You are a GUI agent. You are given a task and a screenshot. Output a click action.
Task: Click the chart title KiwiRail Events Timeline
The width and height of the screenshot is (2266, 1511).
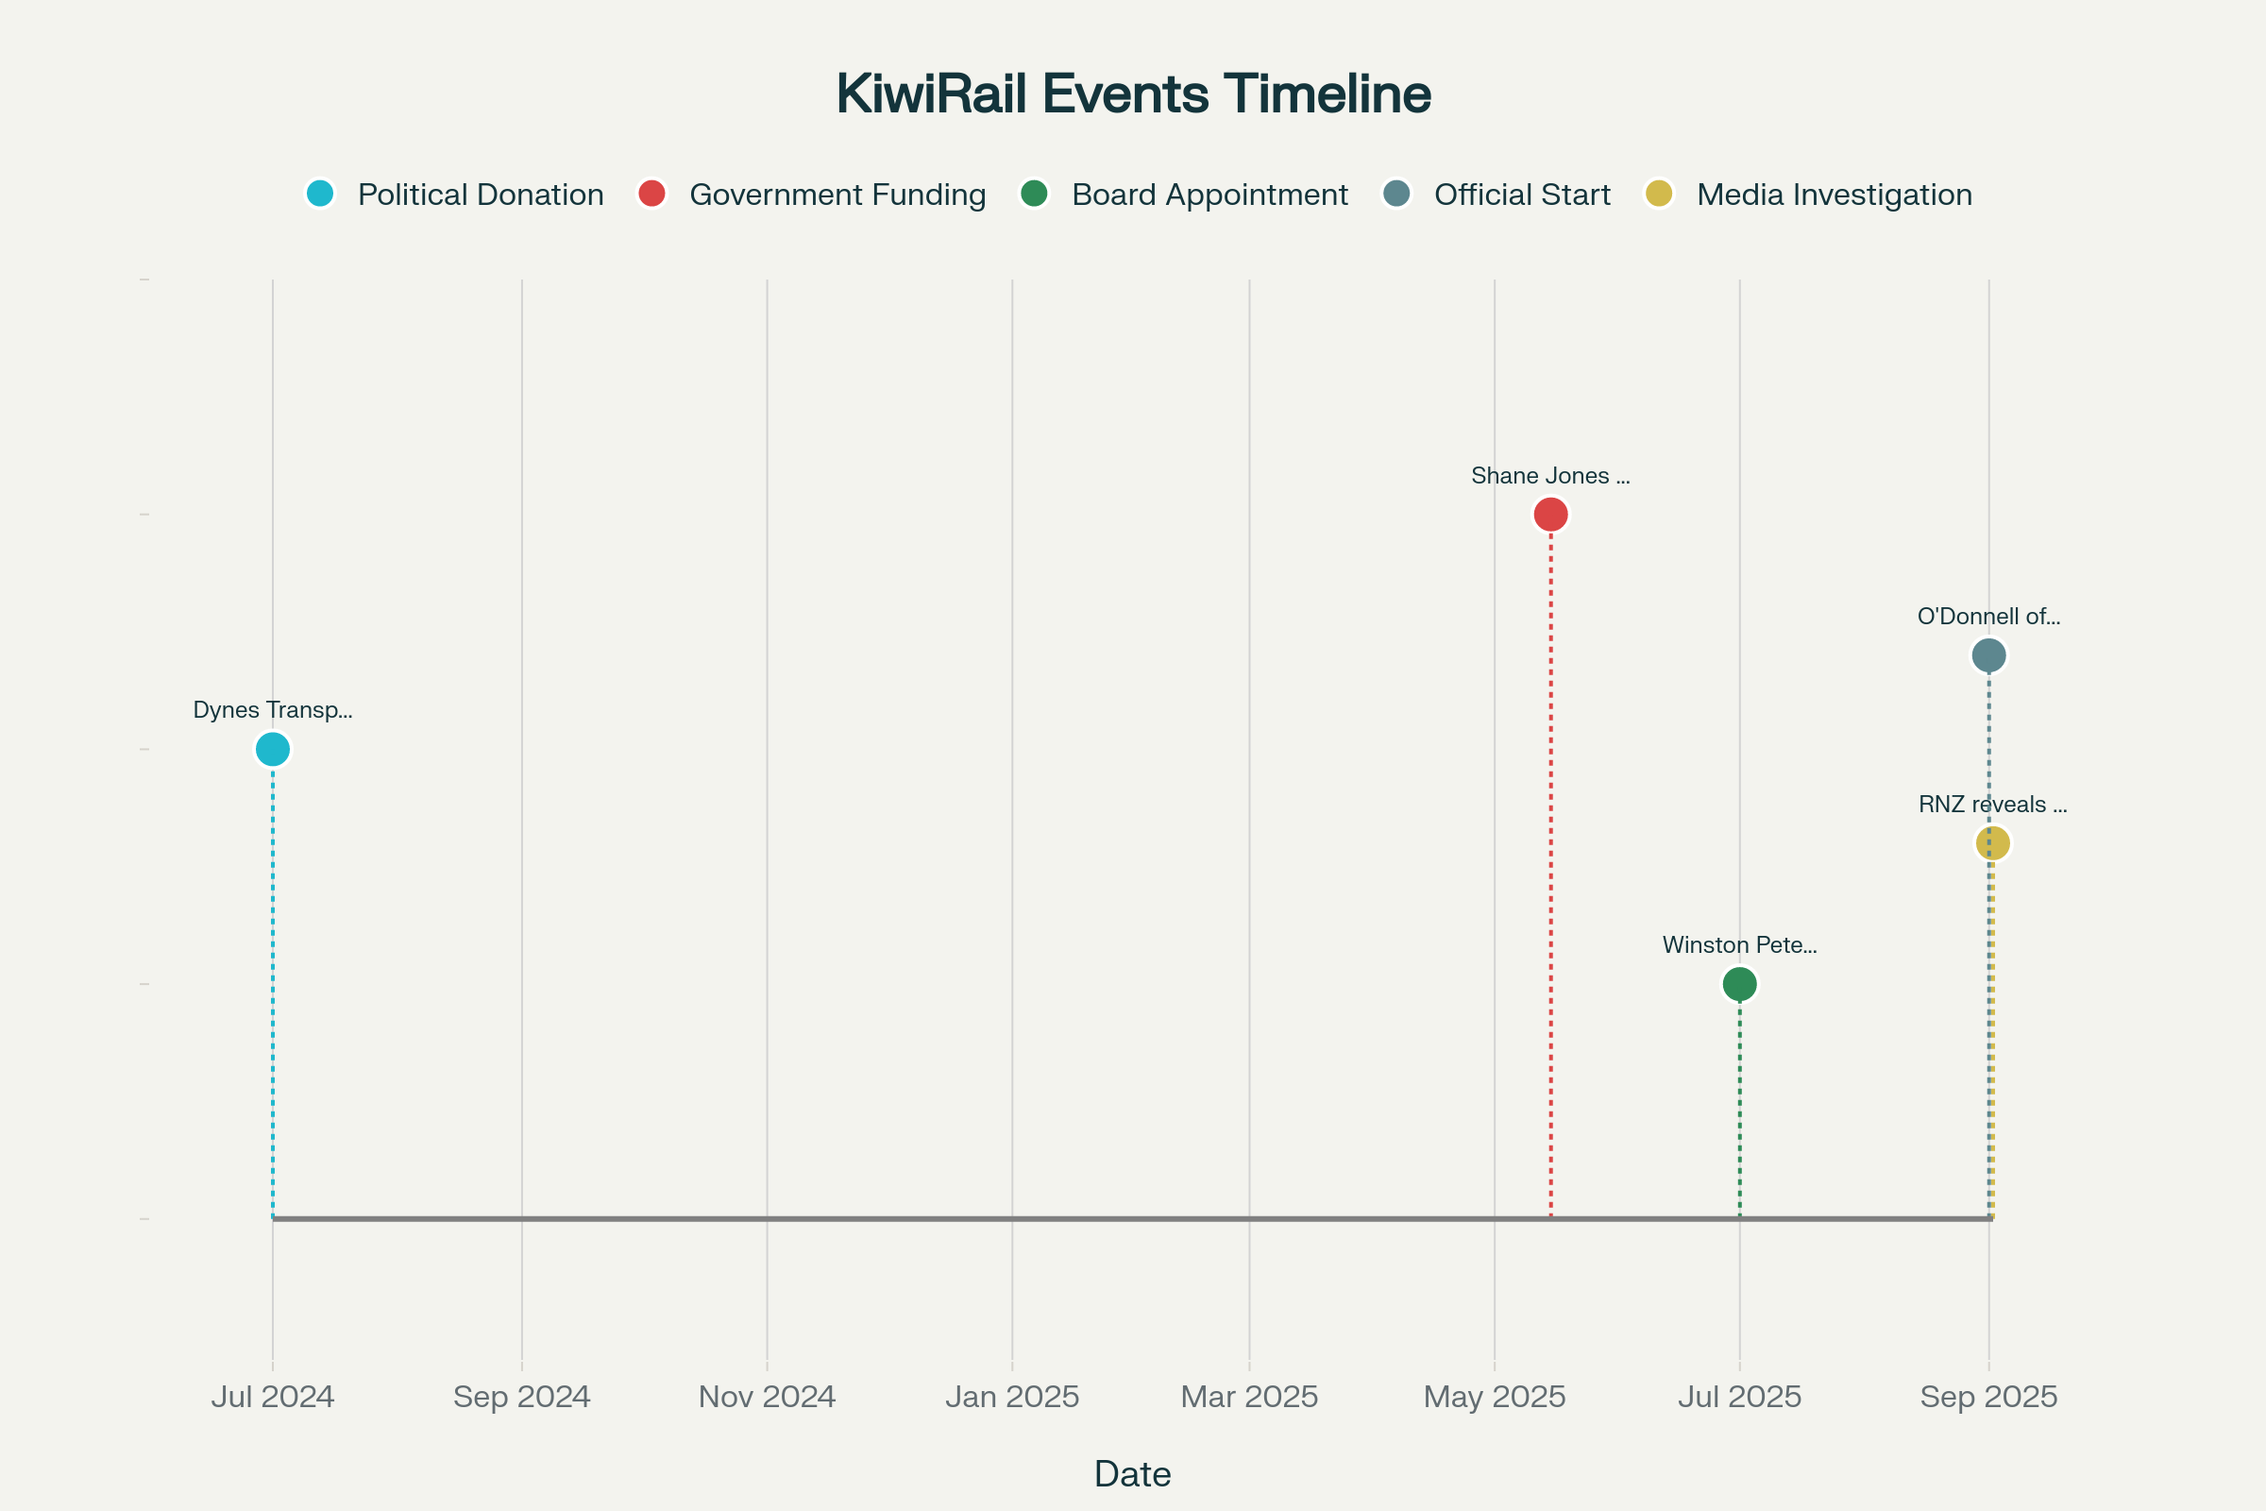pos(1133,94)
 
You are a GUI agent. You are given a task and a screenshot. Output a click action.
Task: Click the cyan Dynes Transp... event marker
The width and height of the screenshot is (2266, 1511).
pos(273,749)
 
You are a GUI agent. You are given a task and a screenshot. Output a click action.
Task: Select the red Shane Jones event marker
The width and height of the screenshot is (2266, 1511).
pos(1550,515)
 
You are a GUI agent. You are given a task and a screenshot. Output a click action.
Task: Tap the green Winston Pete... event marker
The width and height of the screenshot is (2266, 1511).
pos(1739,984)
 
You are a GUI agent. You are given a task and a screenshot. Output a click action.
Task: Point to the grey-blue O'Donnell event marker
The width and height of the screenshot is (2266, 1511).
pos(1988,655)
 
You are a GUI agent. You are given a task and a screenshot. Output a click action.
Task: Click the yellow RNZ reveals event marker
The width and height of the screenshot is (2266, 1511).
pos(1992,843)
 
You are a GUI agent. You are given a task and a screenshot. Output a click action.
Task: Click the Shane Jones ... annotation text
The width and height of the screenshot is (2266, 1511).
pos(1550,476)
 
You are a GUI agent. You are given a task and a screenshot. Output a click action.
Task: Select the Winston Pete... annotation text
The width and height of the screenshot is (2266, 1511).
pos(1739,945)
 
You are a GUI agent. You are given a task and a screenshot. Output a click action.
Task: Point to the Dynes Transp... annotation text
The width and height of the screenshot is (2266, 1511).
pos(273,710)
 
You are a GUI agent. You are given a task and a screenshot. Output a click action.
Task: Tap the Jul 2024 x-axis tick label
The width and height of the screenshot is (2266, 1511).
pos(273,1397)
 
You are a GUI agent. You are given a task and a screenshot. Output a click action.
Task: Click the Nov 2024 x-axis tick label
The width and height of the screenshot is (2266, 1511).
pos(767,1397)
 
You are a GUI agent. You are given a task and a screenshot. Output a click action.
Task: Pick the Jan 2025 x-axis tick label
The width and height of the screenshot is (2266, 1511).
pos(1011,1397)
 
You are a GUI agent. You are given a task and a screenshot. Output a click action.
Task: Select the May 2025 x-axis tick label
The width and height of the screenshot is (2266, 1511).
pos(1495,1397)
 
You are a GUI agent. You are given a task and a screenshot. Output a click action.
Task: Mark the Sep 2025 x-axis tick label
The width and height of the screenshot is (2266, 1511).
pos(1988,1397)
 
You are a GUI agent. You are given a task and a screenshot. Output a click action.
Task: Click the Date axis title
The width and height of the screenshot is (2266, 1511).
pos(1133,1474)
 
